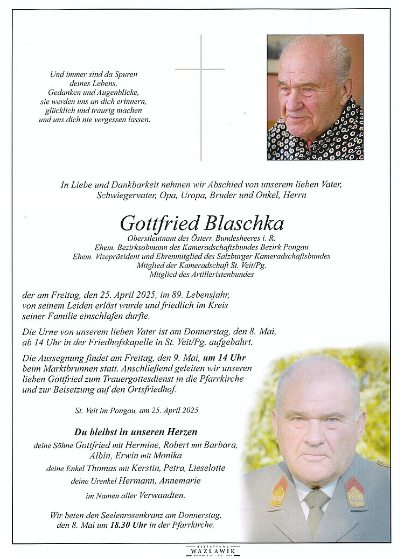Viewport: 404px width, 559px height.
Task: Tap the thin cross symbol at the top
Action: [x=200, y=70]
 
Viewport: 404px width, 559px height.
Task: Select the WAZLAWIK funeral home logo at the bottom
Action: [x=213, y=550]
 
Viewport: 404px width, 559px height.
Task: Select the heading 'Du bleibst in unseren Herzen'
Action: [x=135, y=432]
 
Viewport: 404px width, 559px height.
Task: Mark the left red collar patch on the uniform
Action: [x=278, y=492]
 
